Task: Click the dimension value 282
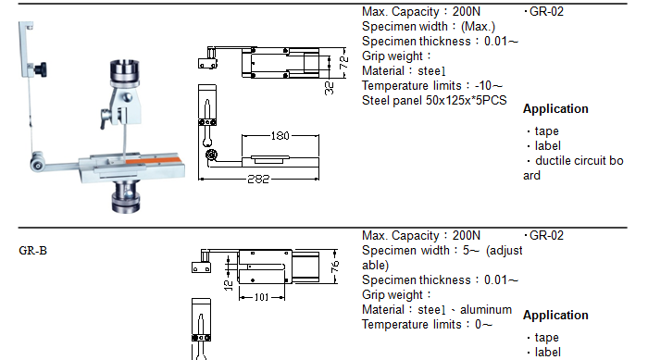(258, 179)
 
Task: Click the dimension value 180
(280, 135)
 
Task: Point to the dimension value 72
(343, 62)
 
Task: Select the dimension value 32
(330, 88)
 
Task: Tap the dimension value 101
(261, 297)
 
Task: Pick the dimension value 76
(335, 267)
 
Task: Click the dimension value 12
(229, 285)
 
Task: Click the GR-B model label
(32, 251)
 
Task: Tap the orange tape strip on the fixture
(152, 160)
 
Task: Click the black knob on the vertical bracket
(41, 69)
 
